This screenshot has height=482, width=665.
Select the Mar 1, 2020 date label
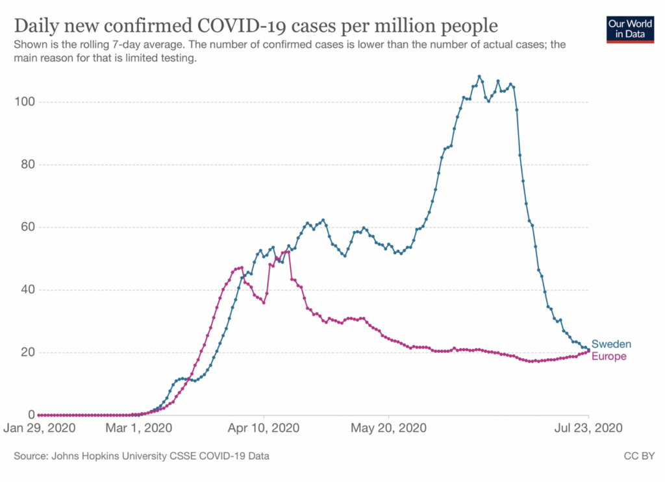click(139, 428)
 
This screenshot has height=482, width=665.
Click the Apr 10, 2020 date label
click(264, 428)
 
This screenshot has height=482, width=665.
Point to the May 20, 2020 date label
click(388, 428)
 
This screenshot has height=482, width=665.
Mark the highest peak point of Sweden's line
click(479, 77)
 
